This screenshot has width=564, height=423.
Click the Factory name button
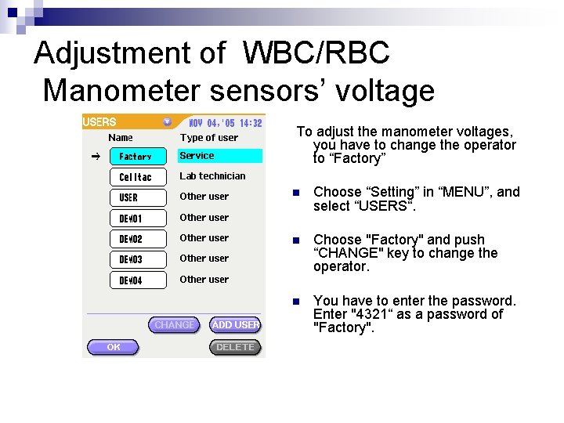(x=138, y=157)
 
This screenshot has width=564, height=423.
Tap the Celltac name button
(x=138, y=177)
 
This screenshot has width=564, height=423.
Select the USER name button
(x=138, y=197)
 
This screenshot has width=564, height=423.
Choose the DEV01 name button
(x=138, y=218)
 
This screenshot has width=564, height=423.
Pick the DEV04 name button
(x=138, y=280)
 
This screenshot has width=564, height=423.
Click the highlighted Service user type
(x=220, y=156)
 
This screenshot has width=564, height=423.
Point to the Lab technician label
(x=212, y=176)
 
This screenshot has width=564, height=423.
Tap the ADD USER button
(x=236, y=324)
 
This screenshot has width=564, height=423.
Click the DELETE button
(x=235, y=347)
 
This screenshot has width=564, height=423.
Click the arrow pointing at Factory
(x=96, y=157)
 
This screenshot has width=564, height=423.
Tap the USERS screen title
(x=99, y=122)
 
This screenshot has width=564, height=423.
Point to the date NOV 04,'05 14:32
(x=226, y=123)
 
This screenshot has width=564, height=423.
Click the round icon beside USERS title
(x=167, y=122)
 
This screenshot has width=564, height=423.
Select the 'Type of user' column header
(x=209, y=138)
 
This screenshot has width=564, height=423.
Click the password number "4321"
(x=371, y=314)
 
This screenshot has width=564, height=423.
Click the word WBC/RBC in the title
(x=316, y=53)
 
